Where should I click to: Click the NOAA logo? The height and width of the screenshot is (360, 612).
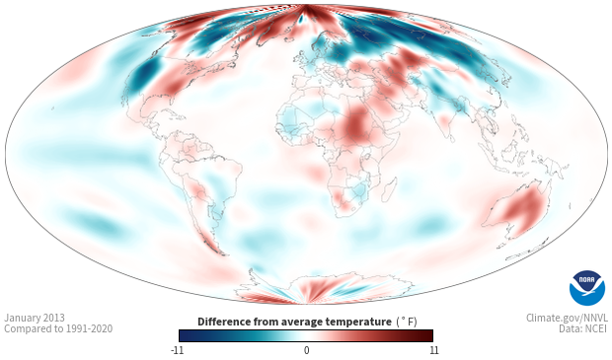click(587, 288)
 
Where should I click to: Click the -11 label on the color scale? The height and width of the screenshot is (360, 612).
click(177, 350)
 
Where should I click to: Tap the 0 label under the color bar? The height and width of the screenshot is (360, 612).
click(306, 350)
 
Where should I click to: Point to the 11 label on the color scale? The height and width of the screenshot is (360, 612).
click(434, 350)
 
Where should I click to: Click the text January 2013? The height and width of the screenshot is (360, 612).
click(35, 318)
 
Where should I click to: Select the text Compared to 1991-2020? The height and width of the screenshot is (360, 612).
click(58, 328)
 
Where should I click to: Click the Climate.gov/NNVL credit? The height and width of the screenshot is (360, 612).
click(568, 318)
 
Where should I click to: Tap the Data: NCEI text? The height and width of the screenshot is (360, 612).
click(583, 328)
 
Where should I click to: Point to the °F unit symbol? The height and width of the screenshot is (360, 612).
click(409, 322)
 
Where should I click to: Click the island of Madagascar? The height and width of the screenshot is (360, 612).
click(388, 190)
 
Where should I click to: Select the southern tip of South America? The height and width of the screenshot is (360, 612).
click(223, 254)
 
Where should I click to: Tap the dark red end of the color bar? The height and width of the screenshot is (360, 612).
click(428, 335)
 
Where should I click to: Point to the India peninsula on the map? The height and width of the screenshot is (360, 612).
click(448, 127)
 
